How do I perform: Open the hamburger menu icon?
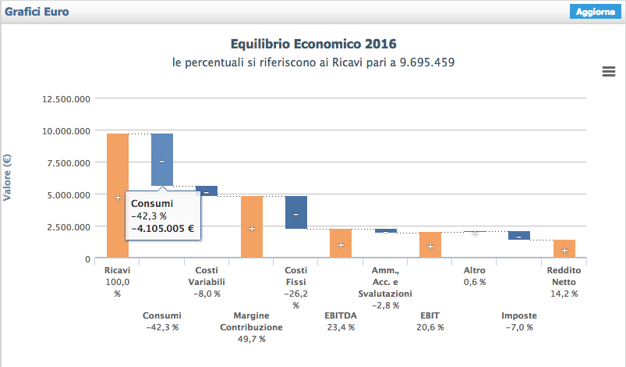point(609,72)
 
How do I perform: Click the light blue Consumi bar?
point(162,159)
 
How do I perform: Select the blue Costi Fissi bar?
point(296,212)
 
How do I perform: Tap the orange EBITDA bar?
point(341,243)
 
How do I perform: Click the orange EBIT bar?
point(430,244)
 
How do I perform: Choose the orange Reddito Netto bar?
point(564,248)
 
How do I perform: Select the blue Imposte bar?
point(519,235)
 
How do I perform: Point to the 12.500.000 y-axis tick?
point(66,99)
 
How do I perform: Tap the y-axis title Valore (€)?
point(8,178)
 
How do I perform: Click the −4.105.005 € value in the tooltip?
point(163,230)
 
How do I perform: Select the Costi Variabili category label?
point(207,276)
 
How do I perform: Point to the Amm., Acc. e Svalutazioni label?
point(385,282)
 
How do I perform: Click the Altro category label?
point(475,270)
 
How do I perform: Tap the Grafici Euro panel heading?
point(37,12)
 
